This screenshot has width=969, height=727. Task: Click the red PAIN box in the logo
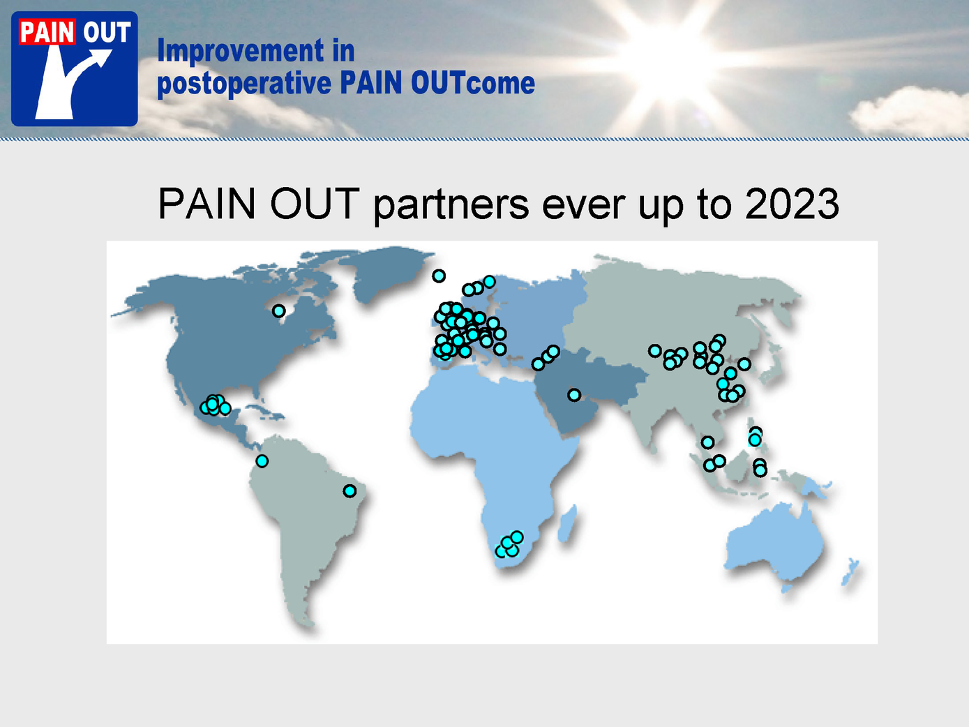click(47, 32)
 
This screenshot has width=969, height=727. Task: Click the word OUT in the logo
click(107, 32)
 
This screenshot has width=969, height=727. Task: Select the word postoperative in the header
click(244, 84)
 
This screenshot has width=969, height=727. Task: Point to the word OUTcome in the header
click(473, 82)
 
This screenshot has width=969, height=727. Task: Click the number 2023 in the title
click(792, 204)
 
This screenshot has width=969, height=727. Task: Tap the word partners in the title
click(451, 206)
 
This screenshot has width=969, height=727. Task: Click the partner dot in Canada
click(278, 310)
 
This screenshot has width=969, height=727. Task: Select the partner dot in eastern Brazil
click(350, 490)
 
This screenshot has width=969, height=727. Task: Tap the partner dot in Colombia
click(262, 461)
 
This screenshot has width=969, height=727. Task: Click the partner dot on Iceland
click(439, 276)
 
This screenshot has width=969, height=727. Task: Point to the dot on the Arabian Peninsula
click(574, 395)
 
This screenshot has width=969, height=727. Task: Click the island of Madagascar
click(568, 525)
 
